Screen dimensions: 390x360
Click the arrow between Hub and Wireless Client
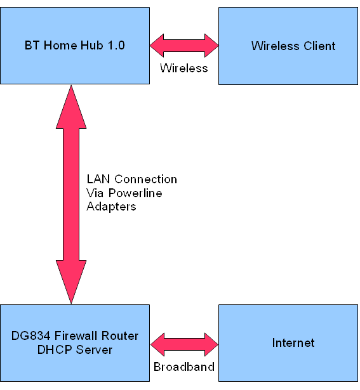[184, 46]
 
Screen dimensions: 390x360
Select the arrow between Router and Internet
[184, 343]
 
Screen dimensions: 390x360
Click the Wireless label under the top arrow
[183, 68]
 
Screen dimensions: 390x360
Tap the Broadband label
[184, 367]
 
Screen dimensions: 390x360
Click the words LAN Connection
[131, 179]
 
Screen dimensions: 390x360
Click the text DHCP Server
[75, 350]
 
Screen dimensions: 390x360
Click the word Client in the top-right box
[320, 46]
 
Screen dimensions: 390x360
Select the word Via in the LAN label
[95, 193]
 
